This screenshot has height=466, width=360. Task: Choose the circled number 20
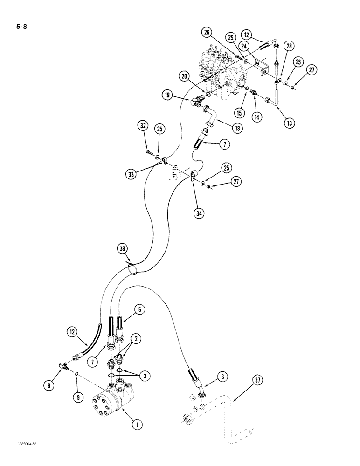point(185,76)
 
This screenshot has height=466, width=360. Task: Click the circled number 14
point(256,117)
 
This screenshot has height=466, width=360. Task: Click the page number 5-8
point(21,27)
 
